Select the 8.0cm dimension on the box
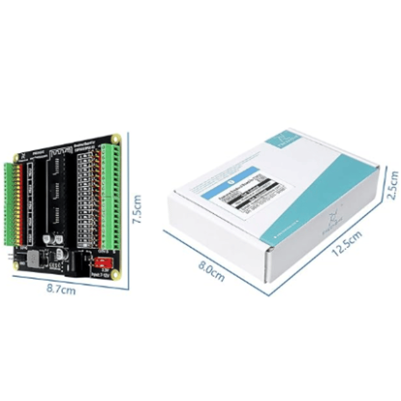point(211,271)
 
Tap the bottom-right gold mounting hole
point(117,274)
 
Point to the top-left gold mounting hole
point(16,157)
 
